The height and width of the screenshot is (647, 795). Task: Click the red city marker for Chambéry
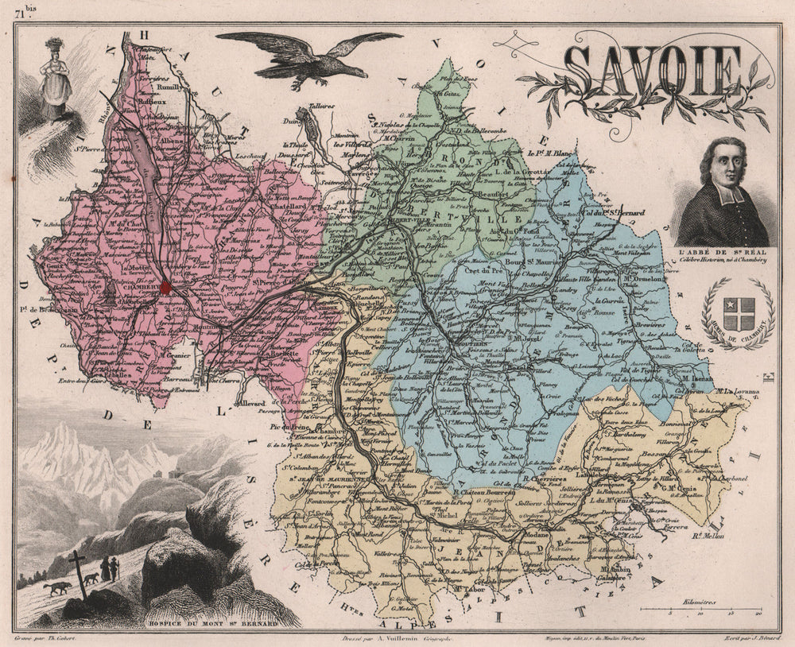coord(165,286)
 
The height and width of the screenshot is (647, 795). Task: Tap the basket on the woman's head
coord(55,44)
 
